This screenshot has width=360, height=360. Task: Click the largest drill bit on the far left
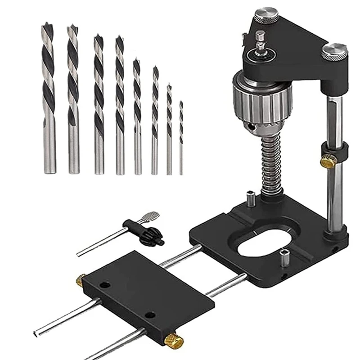(x=49, y=99)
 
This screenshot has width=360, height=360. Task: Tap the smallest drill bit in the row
(x=181, y=137)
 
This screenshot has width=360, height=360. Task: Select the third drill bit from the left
(x=99, y=103)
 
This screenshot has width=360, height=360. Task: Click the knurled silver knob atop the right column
(x=334, y=51)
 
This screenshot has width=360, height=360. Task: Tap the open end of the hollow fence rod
(x=36, y=333)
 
